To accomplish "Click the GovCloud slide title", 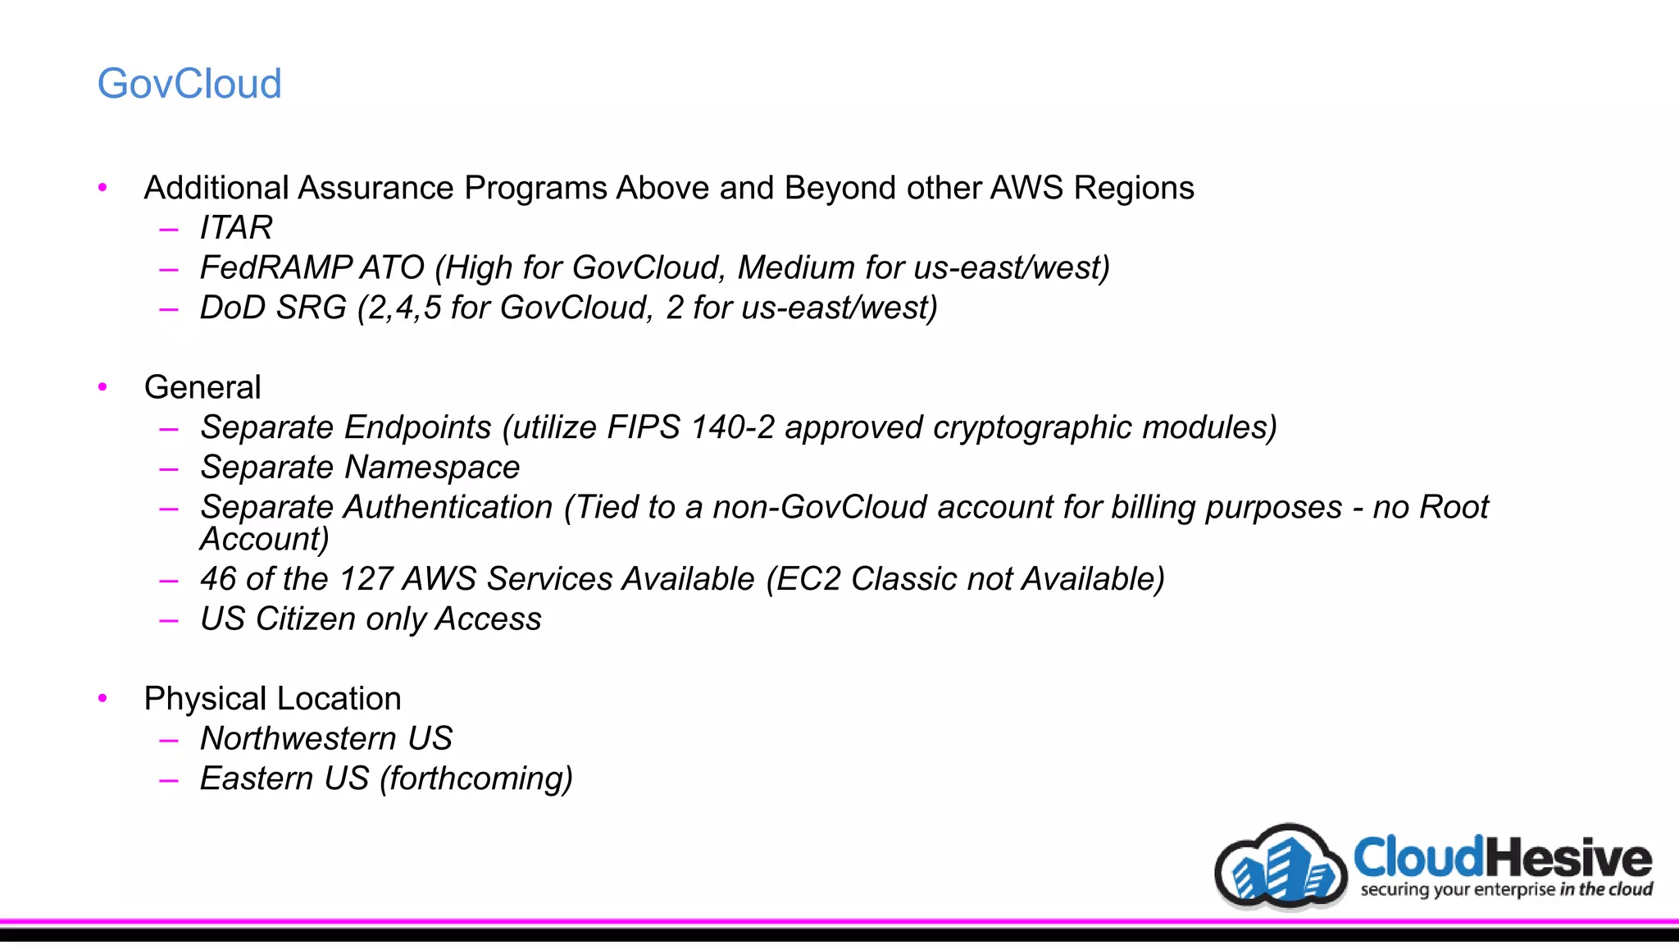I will pos(189,84).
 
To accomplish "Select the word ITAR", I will pos(236,227).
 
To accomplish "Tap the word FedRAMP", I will pos(276,267).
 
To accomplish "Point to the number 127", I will pos(365,579).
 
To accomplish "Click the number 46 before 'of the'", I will pos(218,579).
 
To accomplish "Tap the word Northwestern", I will pos(298,739).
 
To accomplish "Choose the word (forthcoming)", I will pos(475,779).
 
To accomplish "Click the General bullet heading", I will pos(202,387).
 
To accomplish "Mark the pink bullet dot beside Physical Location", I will pos(102,698).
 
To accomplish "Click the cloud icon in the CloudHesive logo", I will pos(1281,868).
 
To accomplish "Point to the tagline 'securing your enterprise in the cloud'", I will pos(1506,889).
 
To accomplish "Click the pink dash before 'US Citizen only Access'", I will pos(169,621).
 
